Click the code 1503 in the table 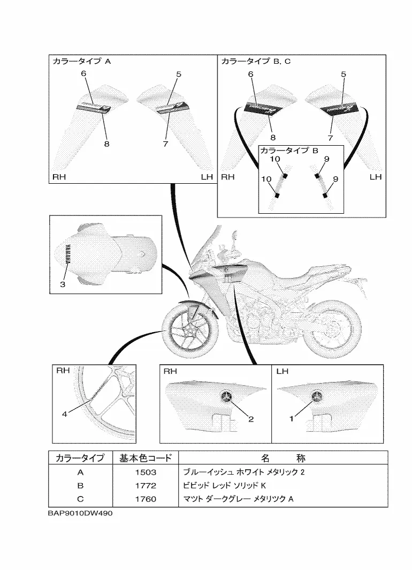coord(145,472)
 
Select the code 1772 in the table coord(145,486)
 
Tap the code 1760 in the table coord(145,499)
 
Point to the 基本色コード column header coord(145,458)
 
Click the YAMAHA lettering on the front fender coord(68,255)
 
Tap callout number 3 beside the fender coord(62,284)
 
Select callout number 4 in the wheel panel coord(64,414)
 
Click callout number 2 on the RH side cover coord(250,419)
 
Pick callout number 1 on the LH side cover coord(292,419)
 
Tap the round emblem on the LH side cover coord(317,396)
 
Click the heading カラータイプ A coord(81,62)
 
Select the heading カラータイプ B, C coord(256,62)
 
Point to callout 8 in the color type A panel coord(106,143)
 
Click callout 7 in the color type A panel coord(165,144)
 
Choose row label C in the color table coord(80,499)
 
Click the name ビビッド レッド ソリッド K coord(225,486)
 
